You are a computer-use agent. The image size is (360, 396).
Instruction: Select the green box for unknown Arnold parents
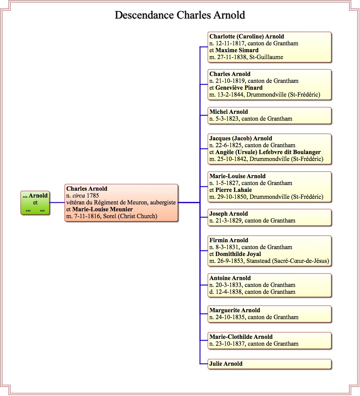(x=35, y=203)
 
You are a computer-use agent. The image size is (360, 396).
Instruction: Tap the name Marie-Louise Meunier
(x=102, y=209)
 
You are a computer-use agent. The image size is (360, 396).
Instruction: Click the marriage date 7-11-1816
(x=87, y=216)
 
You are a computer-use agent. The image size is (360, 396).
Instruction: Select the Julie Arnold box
(x=269, y=364)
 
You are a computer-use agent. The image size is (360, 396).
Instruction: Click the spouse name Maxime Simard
(x=237, y=50)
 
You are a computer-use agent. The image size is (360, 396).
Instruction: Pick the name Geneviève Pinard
(x=239, y=88)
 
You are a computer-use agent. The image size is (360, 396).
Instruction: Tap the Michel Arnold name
(x=228, y=112)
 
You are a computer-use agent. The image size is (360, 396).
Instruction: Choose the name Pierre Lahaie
(x=233, y=190)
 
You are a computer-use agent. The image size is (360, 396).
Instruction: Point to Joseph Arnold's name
(x=228, y=213)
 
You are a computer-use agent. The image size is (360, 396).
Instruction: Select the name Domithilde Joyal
(x=238, y=254)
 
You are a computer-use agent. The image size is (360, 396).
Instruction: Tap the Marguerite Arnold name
(x=235, y=310)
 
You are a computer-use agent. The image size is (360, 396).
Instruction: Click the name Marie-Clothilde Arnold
(x=241, y=337)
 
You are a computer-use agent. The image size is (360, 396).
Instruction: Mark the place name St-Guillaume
(x=266, y=57)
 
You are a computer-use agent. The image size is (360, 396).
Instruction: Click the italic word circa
(x=79, y=196)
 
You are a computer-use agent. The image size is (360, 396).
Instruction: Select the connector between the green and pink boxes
(x=57, y=203)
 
